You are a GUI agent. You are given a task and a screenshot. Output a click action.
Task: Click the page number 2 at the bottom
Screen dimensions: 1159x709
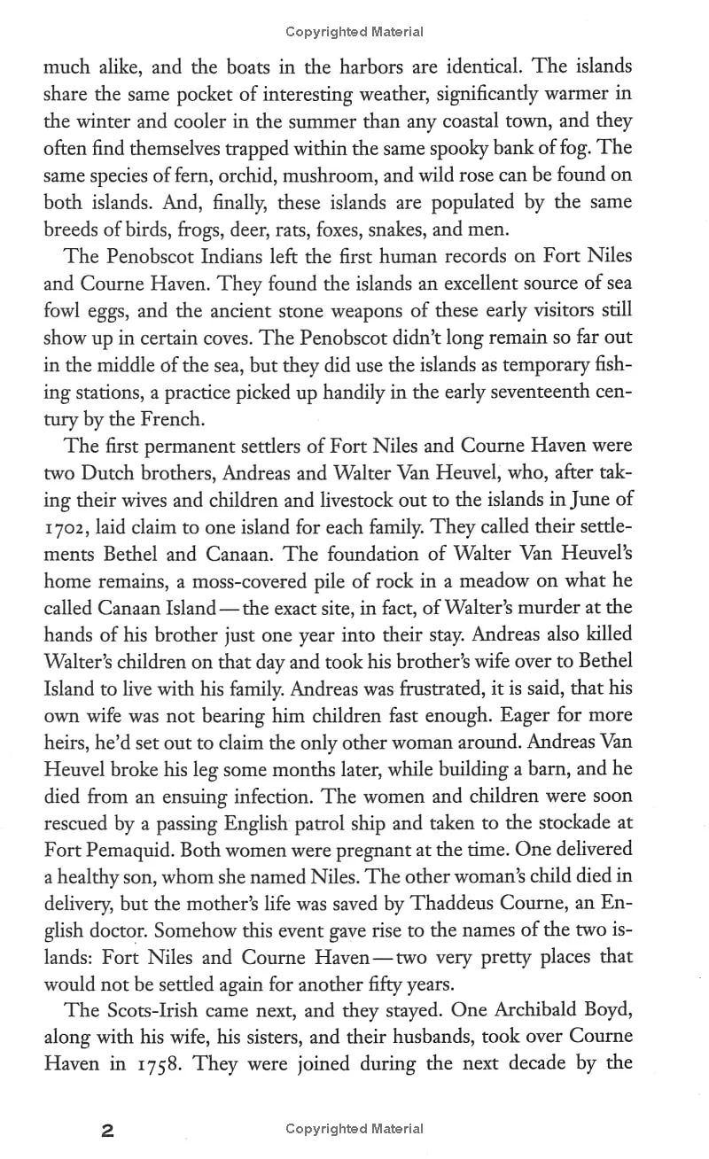[x=107, y=1130]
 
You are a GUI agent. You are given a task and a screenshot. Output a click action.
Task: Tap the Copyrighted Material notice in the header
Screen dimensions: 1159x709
[x=354, y=32]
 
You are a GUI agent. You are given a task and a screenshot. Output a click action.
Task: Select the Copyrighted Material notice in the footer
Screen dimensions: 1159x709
[x=354, y=1129]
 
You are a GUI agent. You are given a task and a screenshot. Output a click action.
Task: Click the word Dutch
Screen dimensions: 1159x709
[x=101, y=474]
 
